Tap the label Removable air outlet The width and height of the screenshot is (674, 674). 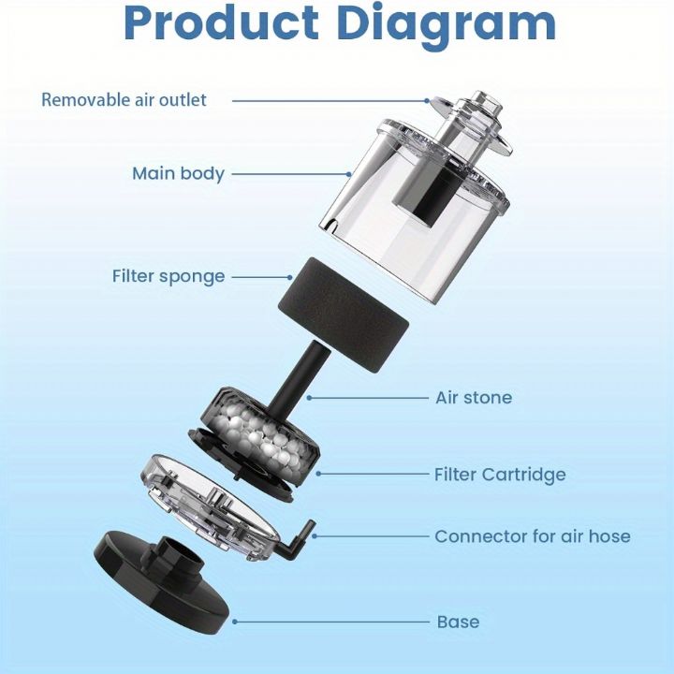coord(124,100)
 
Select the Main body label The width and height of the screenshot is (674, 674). coord(178,174)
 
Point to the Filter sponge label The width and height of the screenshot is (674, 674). coord(168,276)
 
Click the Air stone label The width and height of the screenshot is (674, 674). coord(474,398)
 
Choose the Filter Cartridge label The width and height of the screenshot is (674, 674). coord(500,475)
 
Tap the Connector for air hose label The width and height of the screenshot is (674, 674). coord(533,536)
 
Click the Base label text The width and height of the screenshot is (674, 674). coord(458,622)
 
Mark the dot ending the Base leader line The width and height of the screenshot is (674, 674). coord(235,622)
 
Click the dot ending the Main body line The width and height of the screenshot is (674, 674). coord(349,174)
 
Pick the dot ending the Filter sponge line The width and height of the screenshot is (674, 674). coord(289,277)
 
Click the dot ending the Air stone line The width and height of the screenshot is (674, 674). coord(309,398)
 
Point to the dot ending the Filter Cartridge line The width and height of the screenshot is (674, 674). coord(318,474)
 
